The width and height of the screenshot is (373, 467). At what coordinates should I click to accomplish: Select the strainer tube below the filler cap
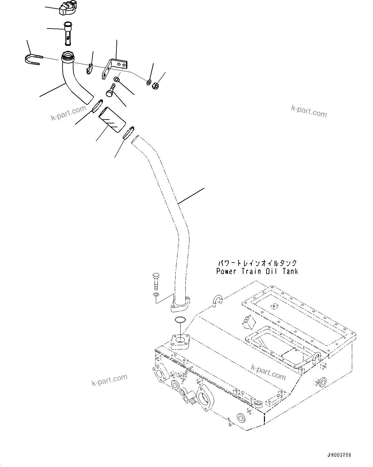click(x=68, y=34)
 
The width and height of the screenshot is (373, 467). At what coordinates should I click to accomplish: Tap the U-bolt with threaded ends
click(x=32, y=60)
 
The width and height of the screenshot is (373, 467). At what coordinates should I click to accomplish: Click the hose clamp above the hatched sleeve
click(x=97, y=106)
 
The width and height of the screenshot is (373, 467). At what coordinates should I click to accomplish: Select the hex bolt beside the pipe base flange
click(x=156, y=281)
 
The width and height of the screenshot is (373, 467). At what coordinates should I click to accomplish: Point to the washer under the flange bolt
click(x=156, y=295)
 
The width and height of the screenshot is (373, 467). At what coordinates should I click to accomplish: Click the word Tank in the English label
click(x=290, y=271)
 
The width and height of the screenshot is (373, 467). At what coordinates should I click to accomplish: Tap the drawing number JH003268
click(x=339, y=455)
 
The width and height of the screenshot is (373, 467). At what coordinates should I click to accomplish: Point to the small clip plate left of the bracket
click(x=89, y=69)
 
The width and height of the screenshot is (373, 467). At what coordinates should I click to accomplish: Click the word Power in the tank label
click(x=226, y=271)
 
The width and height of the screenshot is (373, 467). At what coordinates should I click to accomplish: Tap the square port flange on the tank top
click(x=181, y=342)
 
